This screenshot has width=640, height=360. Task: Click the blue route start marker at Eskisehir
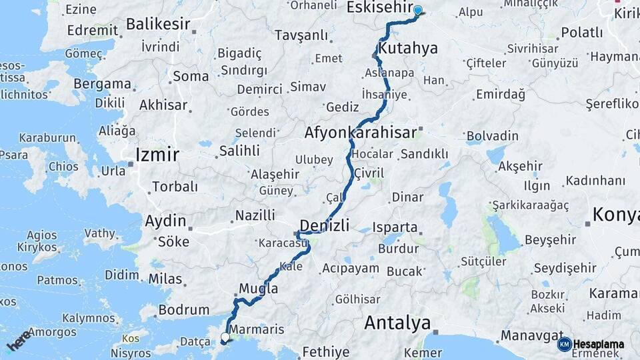click(x=418, y=11)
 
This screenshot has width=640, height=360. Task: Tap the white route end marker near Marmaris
click(x=225, y=338)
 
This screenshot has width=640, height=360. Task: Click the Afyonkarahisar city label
click(x=360, y=132)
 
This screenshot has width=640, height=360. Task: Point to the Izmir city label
click(x=157, y=155)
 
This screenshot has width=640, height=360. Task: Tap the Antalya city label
click(x=397, y=323)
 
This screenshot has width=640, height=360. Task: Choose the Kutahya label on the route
click(x=407, y=48)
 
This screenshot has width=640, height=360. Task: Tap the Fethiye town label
click(x=326, y=351)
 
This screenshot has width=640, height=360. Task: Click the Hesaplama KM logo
click(x=591, y=344)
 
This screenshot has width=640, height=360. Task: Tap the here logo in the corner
click(x=19, y=340)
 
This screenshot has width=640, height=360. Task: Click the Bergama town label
click(x=102, y=84)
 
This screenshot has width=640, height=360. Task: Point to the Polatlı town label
click(x=582, y=32)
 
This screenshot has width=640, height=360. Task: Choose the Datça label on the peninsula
click(x=195, y=341)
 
